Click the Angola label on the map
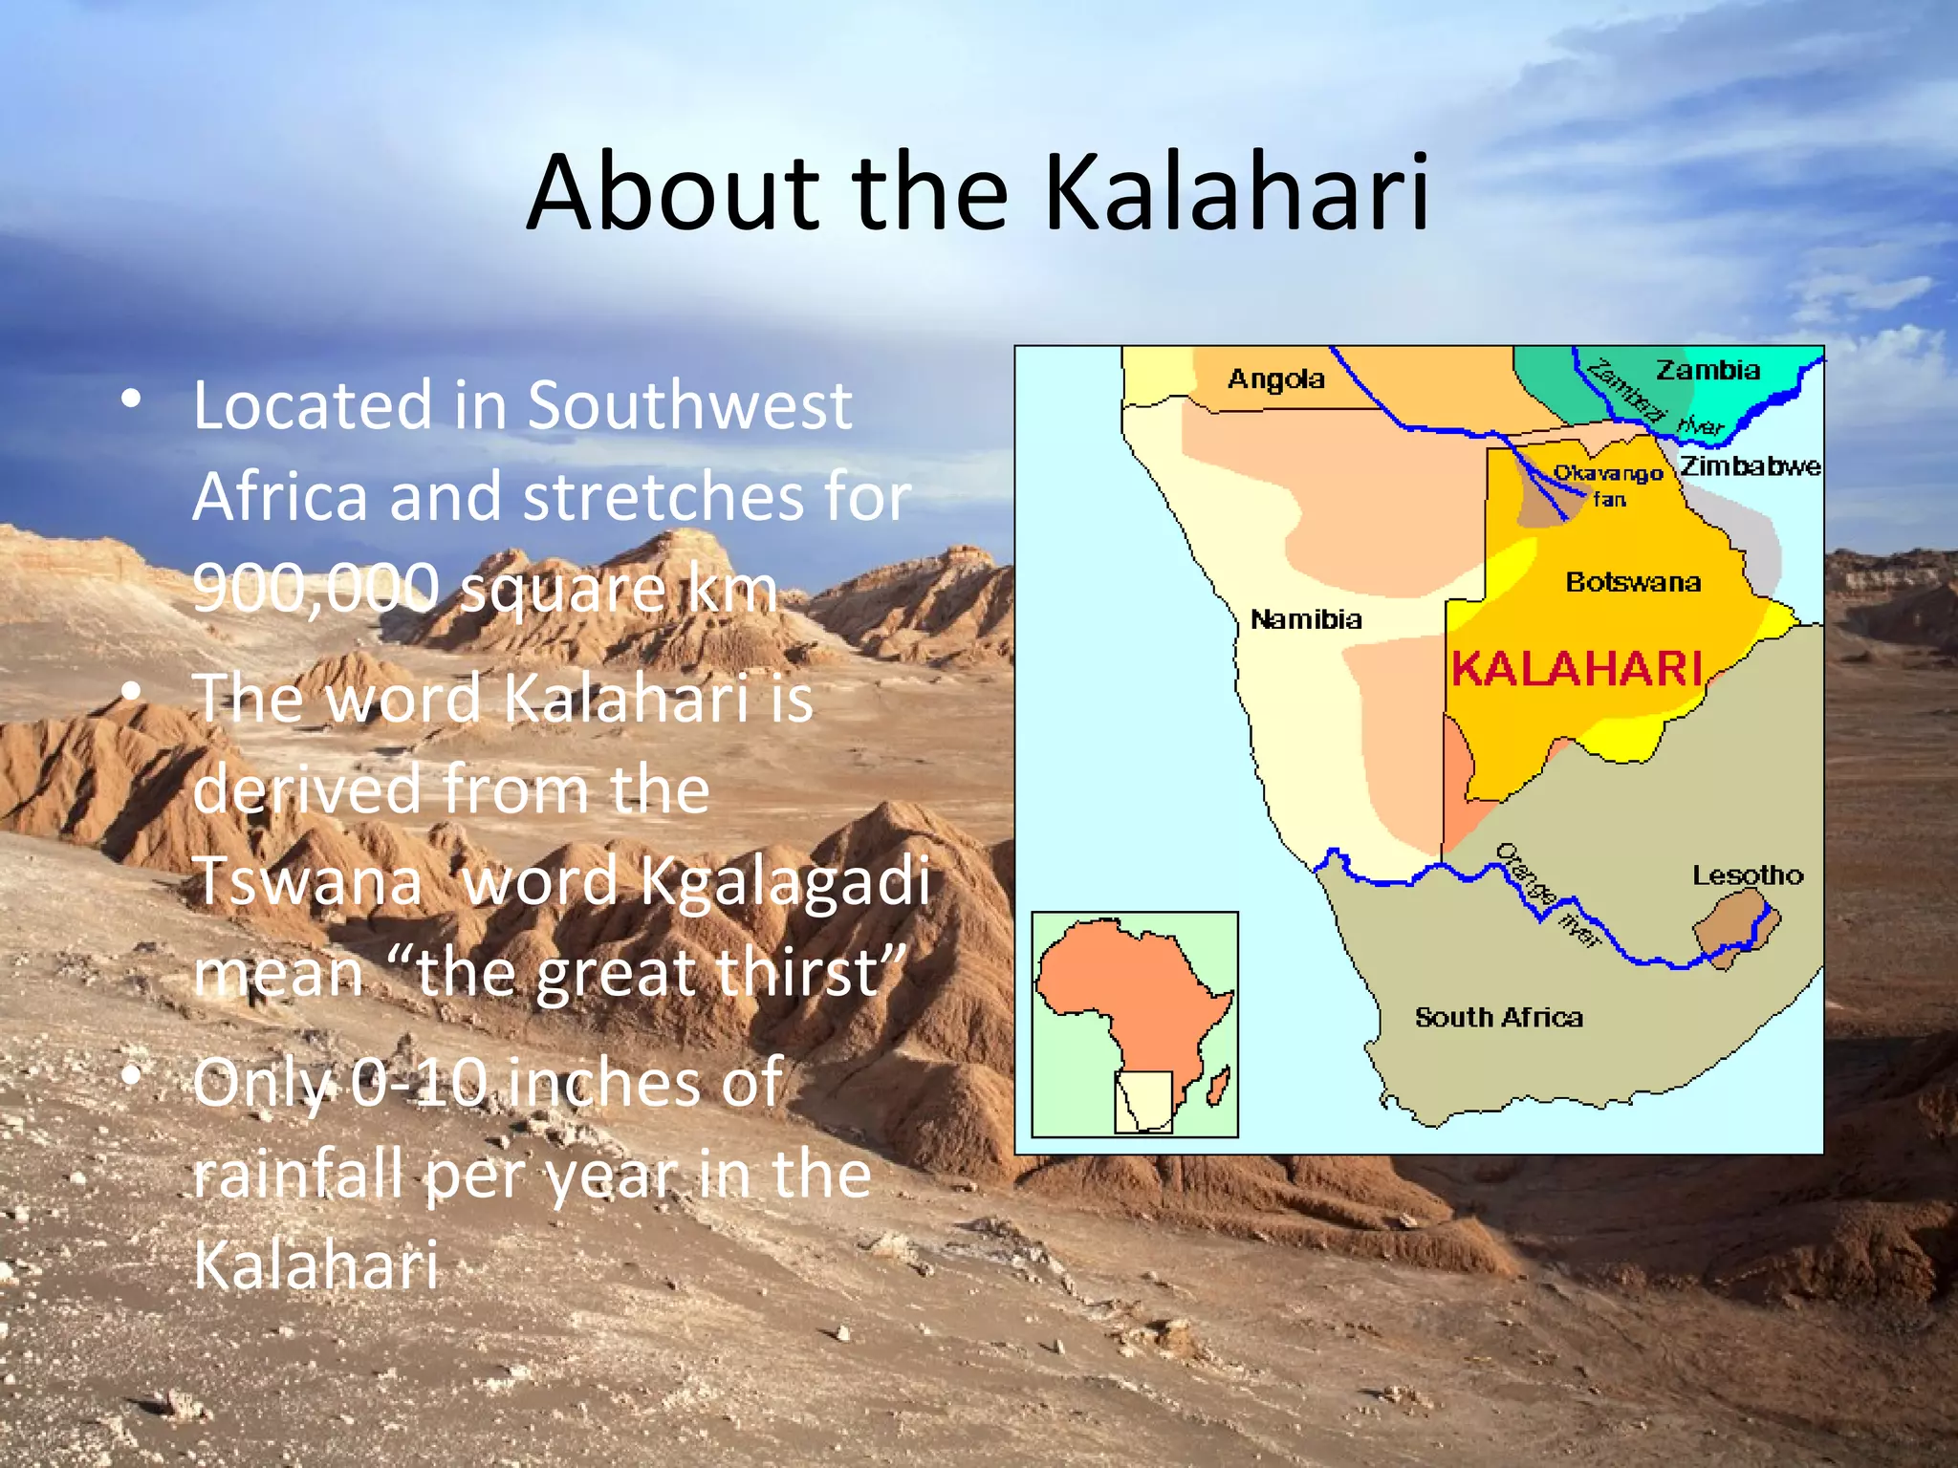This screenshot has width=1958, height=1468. click(x=1275, y=379)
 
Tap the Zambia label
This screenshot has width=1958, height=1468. click(x=1708, y=370)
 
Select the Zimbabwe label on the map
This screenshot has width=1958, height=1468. click(x=1751, y=465)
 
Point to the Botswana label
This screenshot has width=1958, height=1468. click(x=1633, y=582)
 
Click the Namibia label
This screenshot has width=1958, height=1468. click(x=1306, y=619)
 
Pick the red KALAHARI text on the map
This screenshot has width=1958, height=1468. click(x=1577, y=668)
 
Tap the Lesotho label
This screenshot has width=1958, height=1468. click(x=1748, y=874)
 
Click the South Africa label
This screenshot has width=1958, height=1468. click(x=1498, y=1017)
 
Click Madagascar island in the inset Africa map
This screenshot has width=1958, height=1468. click(x=1217, y=1088)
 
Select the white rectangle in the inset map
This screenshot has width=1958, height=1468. click(x=1143, y=1102)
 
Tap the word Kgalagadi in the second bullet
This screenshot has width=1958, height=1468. click(x=784, y=880)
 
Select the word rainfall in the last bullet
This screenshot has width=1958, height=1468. click(x=297, y=1174)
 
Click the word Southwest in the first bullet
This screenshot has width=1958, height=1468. click(x=689, y=405)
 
